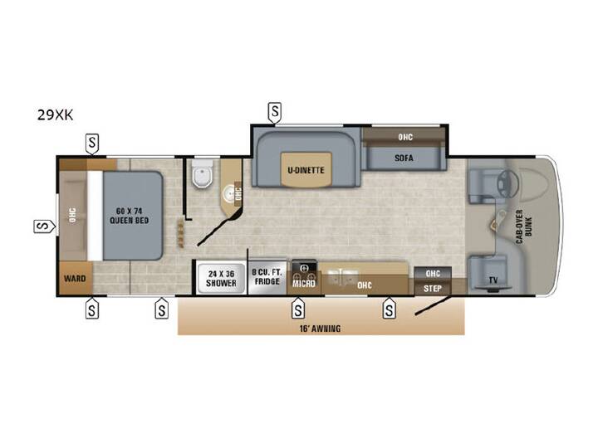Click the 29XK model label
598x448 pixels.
pyautogui.click(x=55, y=114)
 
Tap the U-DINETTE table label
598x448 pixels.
pyautogui.click(x=306, y=170)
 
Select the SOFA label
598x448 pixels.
pyautogui.click(x=404, y=158)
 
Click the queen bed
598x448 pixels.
pyautogui.click(x=132, y=216)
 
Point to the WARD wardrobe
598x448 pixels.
pyautogui.click(x=75, y=278)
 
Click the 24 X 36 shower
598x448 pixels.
pyautogui.click(x=221, y=279)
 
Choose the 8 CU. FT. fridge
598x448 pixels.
pyautogui.click(x=267, y=277)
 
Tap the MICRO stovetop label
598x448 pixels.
pyautogui.click(x=304, y=284)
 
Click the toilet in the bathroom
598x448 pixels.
pyautogui.click(x=202, y=173)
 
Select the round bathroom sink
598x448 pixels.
pyautogui.click(x=230, y=191)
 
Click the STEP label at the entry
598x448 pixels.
pyautogui.click(x=433, y=289)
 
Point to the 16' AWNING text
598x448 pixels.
pyautogui.click(x=320, y=329)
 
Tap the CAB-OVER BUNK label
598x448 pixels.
pyautogui.click(x=523, y=226)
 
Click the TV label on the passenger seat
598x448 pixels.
pyautogui.click(x=493, y=280)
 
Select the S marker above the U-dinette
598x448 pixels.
pyautogui.click(x=275, y=112)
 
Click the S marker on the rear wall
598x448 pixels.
pyautogui.click(x=44, y=226)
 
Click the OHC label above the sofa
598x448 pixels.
pyautogui.click(x=405, y=137)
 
